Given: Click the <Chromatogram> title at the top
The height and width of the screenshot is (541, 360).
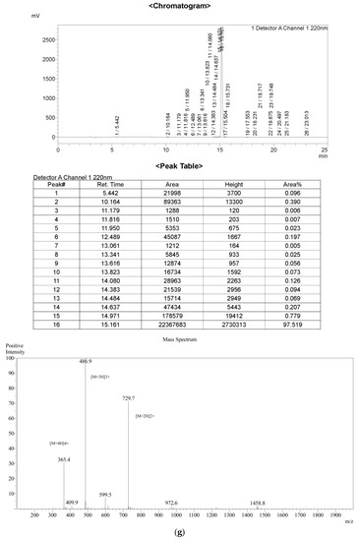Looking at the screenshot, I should click(180, 5).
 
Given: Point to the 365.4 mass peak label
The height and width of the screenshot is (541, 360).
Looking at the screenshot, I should click(64, 458).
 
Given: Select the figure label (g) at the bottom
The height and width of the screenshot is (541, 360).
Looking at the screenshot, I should click(179, 533).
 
